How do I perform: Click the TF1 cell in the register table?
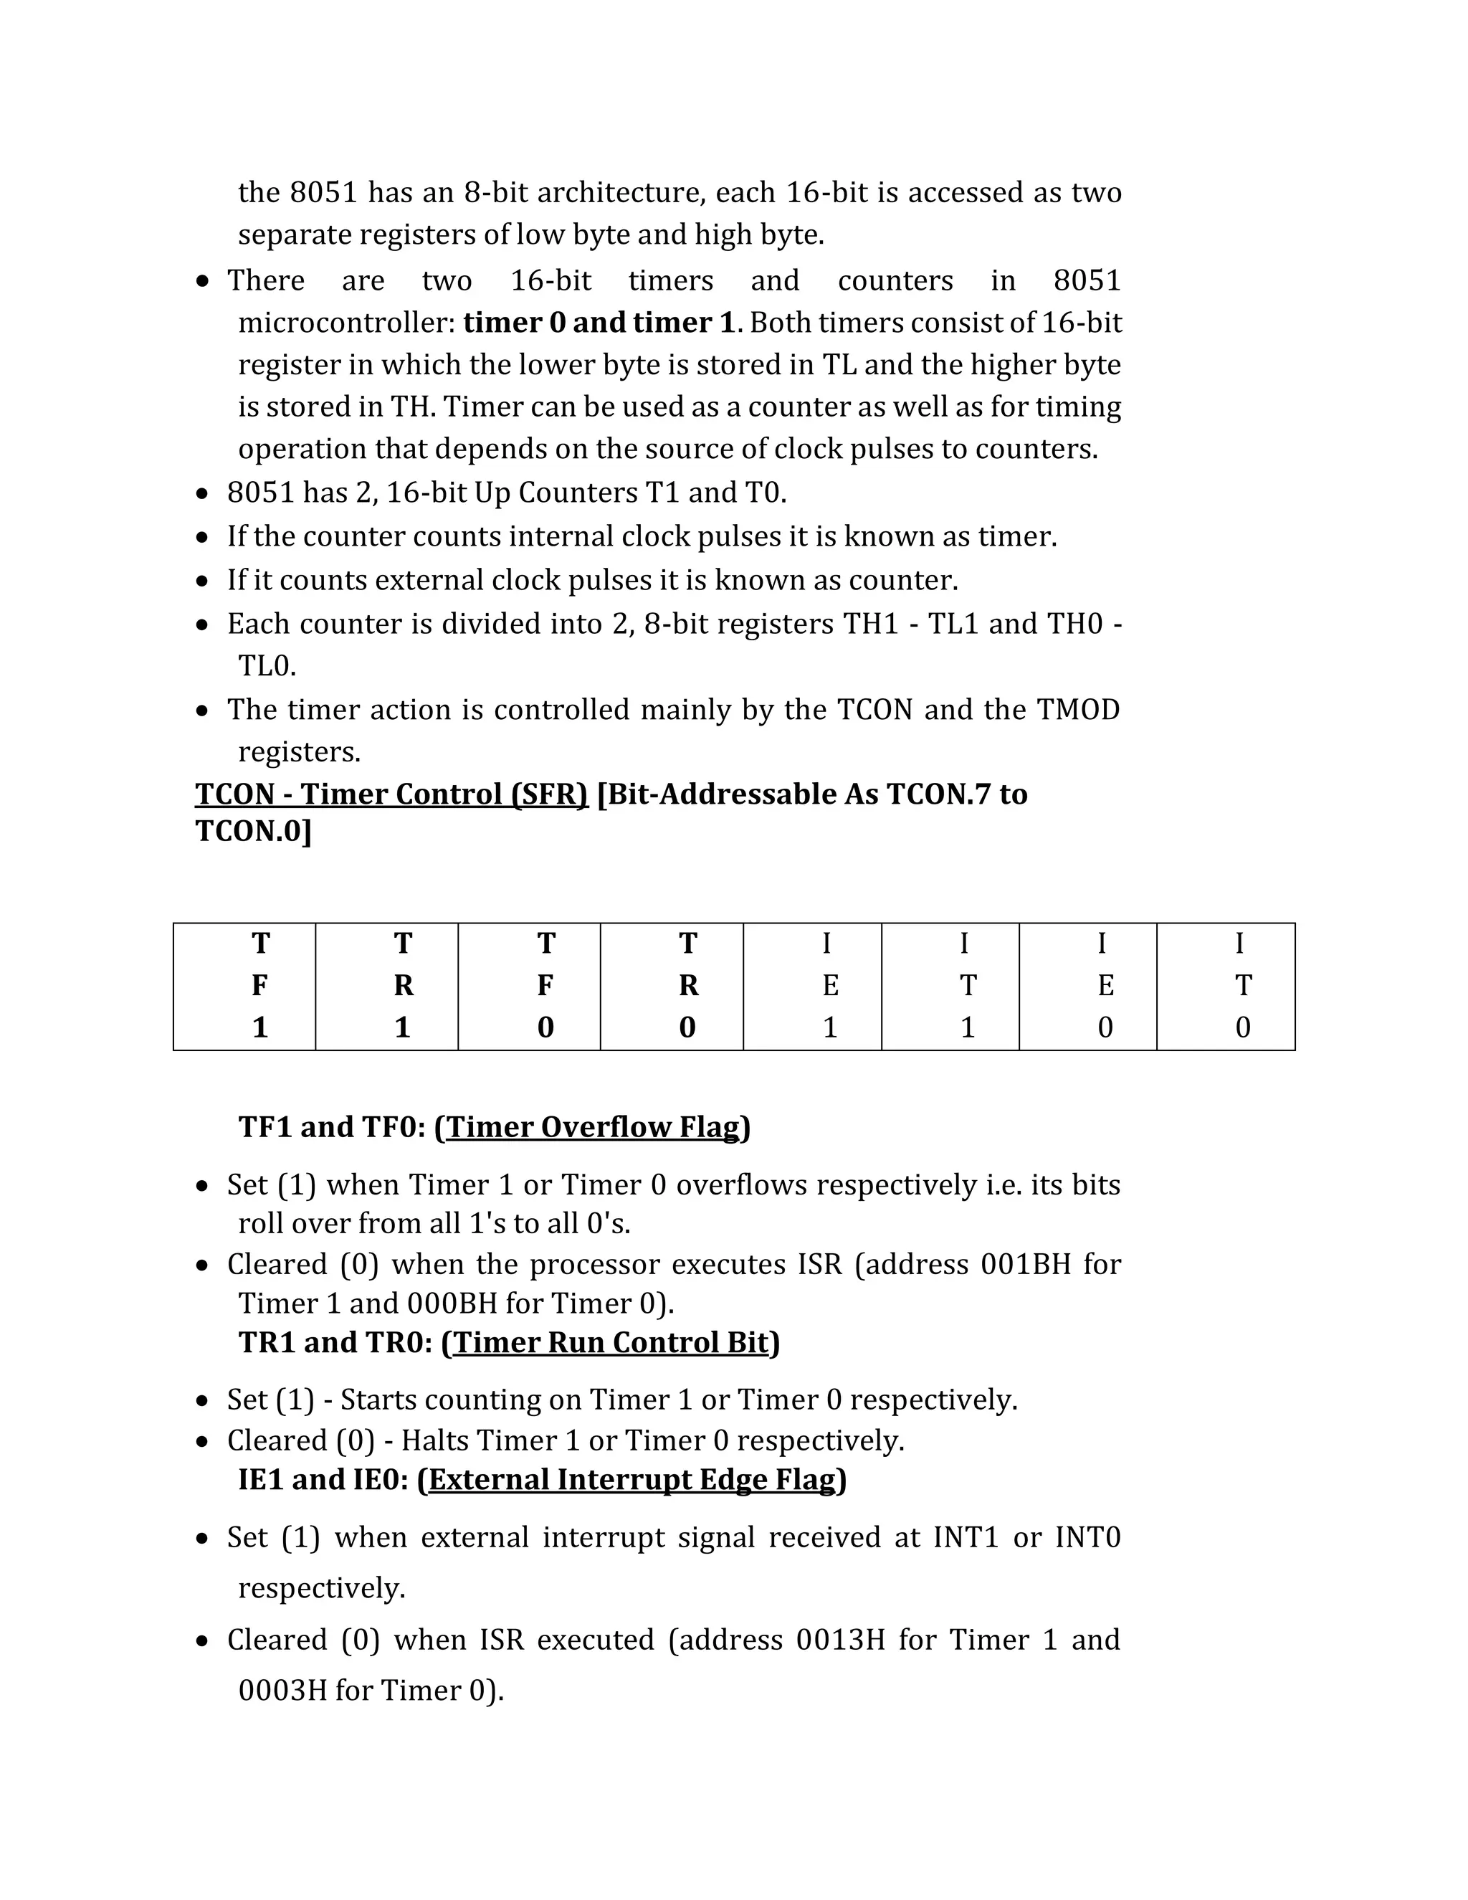244,986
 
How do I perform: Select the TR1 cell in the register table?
386,986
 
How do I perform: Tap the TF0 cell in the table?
529,986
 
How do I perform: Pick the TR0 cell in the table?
672,986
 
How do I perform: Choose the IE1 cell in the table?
812,986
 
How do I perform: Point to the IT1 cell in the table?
950,986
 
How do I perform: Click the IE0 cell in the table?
1087,986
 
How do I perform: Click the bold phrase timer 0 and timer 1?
599,323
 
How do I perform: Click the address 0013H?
840,1639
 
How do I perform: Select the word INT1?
966,1537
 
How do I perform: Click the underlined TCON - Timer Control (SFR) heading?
391,794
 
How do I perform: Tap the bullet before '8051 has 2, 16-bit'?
203,494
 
